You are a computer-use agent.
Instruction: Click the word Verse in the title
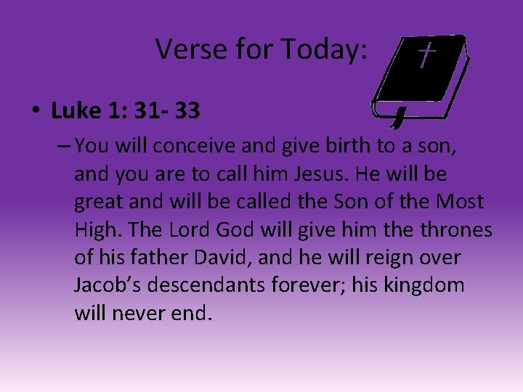186,49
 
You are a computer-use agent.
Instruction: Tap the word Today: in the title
326,49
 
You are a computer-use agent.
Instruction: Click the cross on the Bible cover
427,54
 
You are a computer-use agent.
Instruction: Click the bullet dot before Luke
34,111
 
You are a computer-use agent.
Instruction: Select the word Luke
76,111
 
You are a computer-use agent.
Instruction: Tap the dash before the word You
62,147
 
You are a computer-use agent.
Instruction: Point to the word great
100,203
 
